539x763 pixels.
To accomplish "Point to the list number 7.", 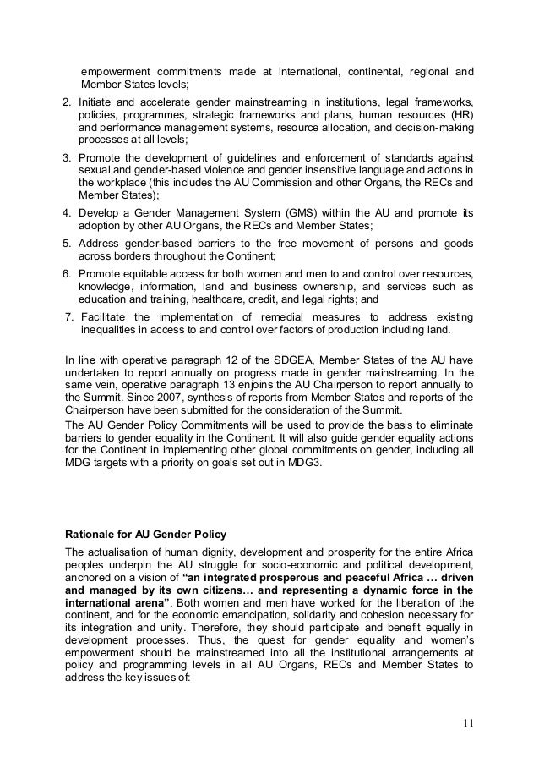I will [x=69, y=316].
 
